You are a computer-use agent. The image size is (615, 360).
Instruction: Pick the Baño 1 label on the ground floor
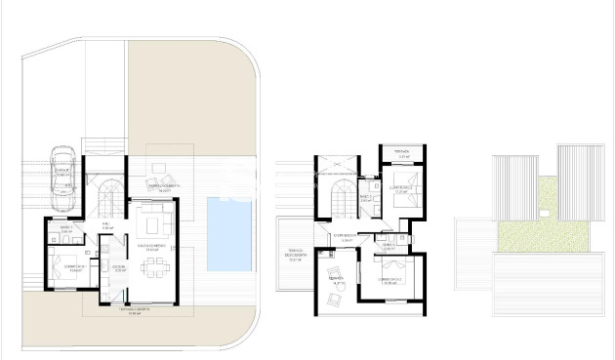click(65, 229)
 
